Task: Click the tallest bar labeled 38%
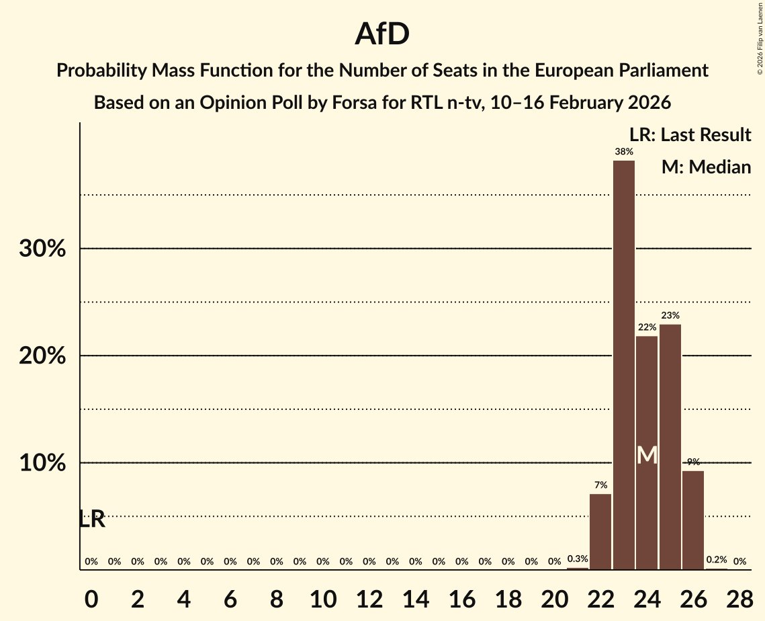(x=623, y=365)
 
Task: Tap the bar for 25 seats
(x=670, y=447)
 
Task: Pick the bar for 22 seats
(x=600, y=532)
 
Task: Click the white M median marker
(x=647, y=456)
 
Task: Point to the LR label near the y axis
(x=91, y=519)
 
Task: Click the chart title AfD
(x=382, y=34)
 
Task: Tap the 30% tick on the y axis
(x=42, y=249)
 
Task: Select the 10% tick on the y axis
(x=42, y=464)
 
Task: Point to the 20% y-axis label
(x=42, y=356)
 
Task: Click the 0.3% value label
(x=578, y=558)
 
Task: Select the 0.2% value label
(x=716, y=559)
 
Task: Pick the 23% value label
(x=670, y=315)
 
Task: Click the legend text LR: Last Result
(x=690, y=135)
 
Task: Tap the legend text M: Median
(x=706, y=167)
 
